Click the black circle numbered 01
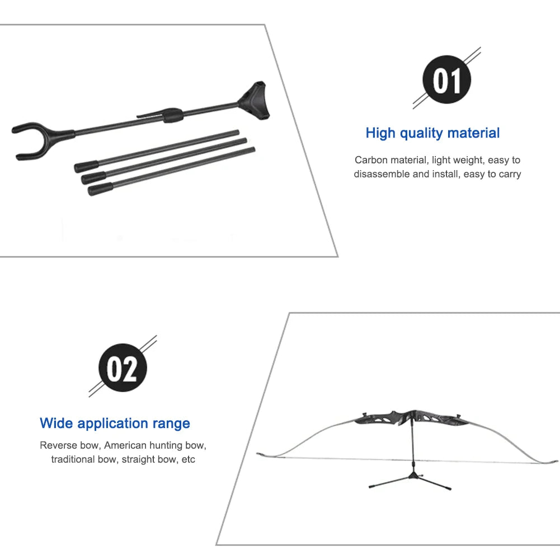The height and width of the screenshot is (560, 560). [x=446, y=79]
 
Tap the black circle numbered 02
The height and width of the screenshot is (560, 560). [x=123, y=368]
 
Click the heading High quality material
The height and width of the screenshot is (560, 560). [x=432, y=133]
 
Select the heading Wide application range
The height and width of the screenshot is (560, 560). [x=115, y=423]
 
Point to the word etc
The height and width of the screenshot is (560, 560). [x=188, y=459]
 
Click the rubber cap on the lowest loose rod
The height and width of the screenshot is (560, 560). [x=101, y=189]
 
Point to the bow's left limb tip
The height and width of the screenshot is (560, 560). [x=258, y=454]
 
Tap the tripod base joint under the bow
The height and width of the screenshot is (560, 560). [x=414, y=476]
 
